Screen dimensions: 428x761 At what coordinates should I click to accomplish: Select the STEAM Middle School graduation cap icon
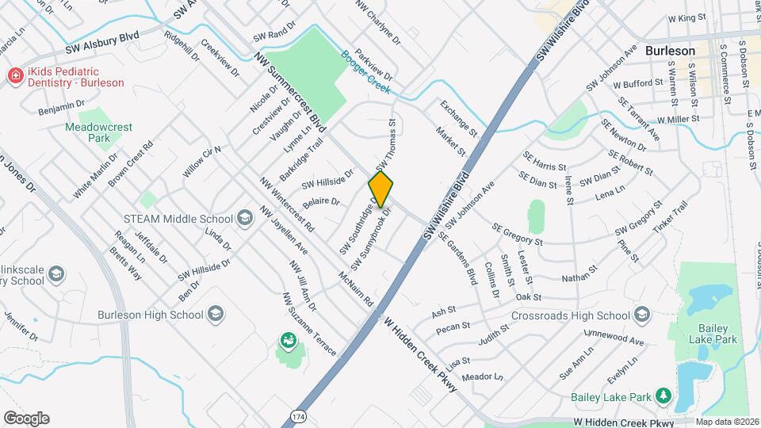tap(245, 219)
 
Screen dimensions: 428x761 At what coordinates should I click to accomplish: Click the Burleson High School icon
tap(215, 315)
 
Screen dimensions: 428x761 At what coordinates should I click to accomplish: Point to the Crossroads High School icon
tap(642, 315)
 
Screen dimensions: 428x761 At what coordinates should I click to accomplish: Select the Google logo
tap(26, 418)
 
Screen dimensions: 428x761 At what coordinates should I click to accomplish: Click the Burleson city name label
tap(670, 51)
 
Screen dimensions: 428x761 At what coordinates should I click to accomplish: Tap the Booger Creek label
tap(365, 72)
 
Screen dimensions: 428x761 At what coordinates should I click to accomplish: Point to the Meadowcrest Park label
tap(87, 132)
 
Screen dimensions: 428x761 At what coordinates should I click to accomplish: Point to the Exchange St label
tap(460, 117)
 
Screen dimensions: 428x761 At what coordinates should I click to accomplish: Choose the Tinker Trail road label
tap(670, 216)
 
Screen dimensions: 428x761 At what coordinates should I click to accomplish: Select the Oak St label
tap(527, 297)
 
